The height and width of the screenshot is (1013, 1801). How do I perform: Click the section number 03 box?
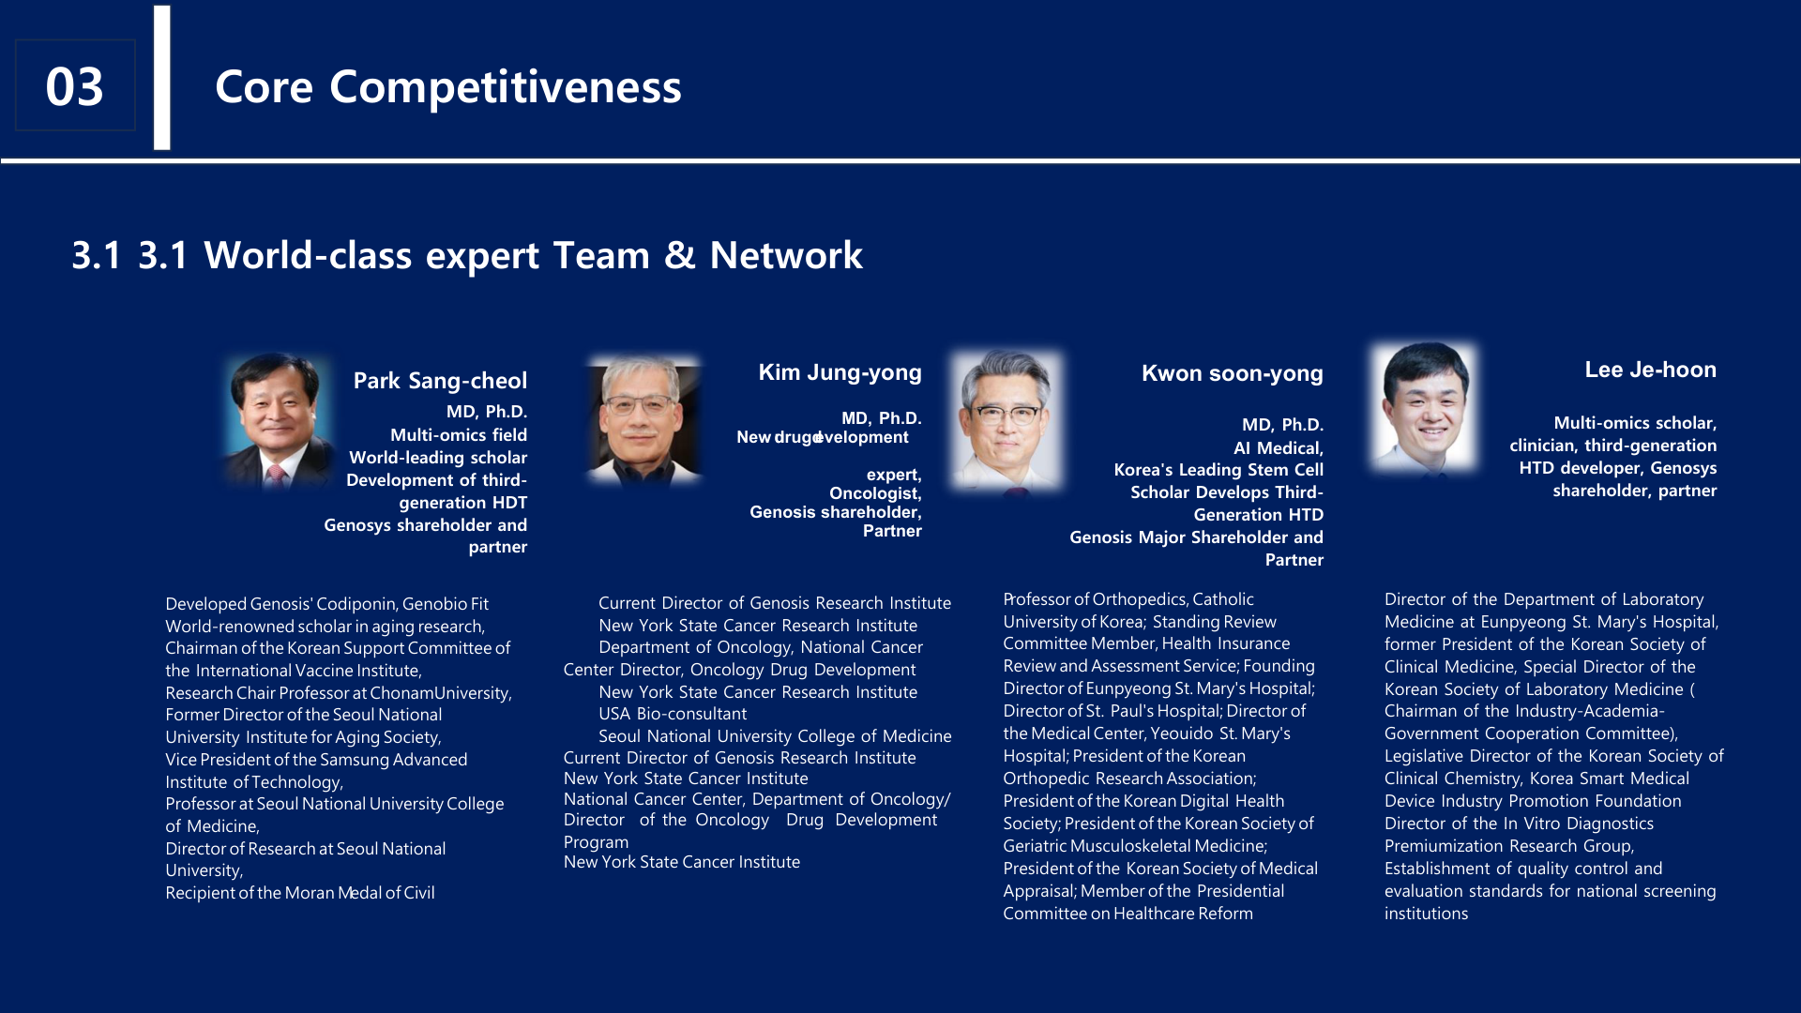click(x=75, y=85)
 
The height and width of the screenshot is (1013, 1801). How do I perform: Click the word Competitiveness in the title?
click(x=506, y=87)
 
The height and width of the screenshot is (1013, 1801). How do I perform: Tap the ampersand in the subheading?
click(x=680, y=255)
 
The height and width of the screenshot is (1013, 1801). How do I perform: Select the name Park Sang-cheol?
click(x=440, y=381)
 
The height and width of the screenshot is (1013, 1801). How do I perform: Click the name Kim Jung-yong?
click(x=840, y=372)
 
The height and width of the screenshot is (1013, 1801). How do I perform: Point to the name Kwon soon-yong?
click(x=1233, y=373)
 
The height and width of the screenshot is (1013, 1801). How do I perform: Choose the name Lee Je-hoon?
click(x=1651, y=370)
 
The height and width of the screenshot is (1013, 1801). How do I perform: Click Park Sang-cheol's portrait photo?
click(x=277, y=419)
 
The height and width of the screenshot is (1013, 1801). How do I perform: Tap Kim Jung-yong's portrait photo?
click(x=643, y=419)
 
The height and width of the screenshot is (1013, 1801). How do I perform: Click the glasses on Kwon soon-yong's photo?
click(x=1006, y=414)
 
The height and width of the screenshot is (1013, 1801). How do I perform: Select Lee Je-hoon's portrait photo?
click(x=1424, y=406)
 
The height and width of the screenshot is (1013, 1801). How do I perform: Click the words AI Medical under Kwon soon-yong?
click(x=1279, y=448)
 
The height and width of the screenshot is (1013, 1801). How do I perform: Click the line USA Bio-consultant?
click(x=673, y=714)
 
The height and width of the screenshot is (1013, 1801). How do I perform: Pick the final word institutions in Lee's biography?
click(x=1427, y=914)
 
